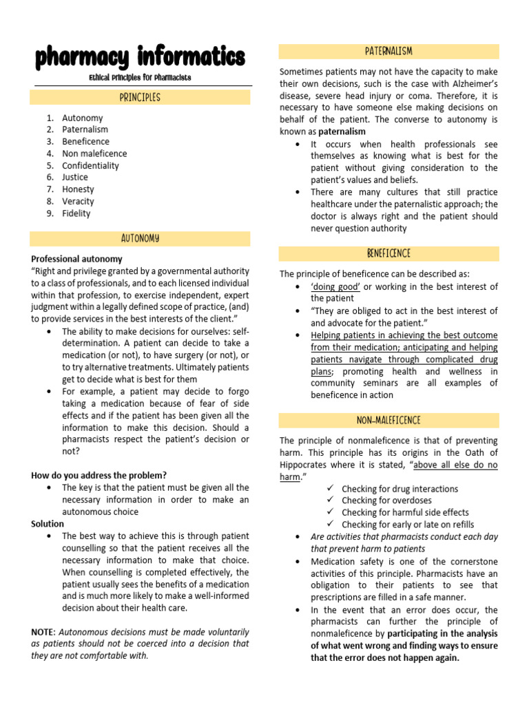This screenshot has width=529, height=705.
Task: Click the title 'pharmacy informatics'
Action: point(140,57)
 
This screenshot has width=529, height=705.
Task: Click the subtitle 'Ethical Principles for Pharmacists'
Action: point(140,78)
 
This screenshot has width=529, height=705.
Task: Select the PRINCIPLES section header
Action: point(140,97)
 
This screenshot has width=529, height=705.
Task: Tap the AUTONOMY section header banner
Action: point(140,238)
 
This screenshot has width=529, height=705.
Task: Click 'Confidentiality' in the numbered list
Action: point(90,165)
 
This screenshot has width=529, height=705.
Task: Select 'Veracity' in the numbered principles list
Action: point(78,201)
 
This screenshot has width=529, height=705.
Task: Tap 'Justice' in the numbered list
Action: point(75,177)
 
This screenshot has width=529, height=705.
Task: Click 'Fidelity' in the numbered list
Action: point(76,213)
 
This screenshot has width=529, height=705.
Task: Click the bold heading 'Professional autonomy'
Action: point(76,259)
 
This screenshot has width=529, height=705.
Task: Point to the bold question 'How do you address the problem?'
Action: point(98,475)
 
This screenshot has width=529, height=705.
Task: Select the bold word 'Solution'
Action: point(48,524)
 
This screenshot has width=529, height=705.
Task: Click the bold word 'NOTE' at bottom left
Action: point(43,631)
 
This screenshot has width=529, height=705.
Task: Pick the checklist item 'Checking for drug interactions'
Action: point(400,489)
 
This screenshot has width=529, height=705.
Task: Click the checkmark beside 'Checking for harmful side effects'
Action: point(330,512)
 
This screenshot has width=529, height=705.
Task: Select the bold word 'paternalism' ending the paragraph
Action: point(342,131)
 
